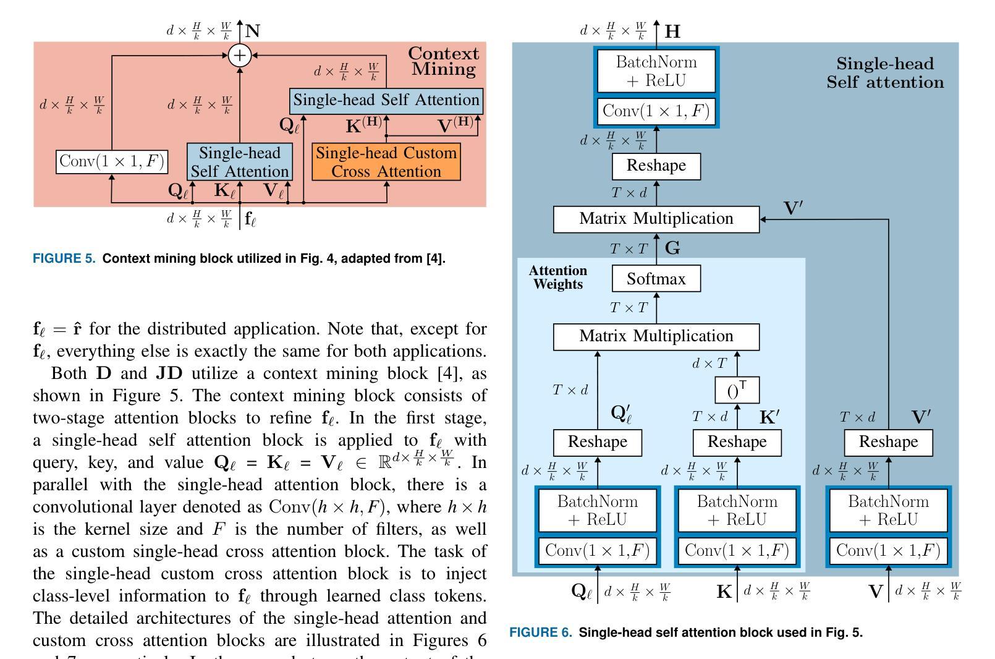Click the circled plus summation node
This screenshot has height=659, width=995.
click(240, 56)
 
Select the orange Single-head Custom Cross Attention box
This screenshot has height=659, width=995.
click(386, 162)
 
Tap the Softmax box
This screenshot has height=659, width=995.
click(656, 279)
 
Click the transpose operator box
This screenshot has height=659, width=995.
click(737, 390)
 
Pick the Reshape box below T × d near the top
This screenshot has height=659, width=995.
click(656, 166)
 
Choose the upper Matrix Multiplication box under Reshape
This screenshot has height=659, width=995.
click(656, 219)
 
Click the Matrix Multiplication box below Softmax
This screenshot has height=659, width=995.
click(656, 336)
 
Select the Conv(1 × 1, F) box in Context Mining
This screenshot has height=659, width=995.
click(112, 162)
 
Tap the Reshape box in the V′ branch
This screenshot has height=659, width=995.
click(888, 442)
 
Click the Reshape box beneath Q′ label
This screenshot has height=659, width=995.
click(598, 442)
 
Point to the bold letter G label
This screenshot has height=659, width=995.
click(673, 249)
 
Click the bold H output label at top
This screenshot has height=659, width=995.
click(672, 32)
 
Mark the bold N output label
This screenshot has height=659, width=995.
click(253, 31)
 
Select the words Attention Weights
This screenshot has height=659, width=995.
click(558, 278)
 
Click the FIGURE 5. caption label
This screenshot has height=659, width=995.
click(64, 258)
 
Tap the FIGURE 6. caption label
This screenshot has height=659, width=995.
click(541, 632)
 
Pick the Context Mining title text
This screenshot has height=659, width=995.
click(444, 61)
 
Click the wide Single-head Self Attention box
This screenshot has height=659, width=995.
click(386, 100)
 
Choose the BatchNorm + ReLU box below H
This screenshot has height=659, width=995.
click(656, 71)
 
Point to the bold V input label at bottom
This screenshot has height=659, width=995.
click(876, 592)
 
